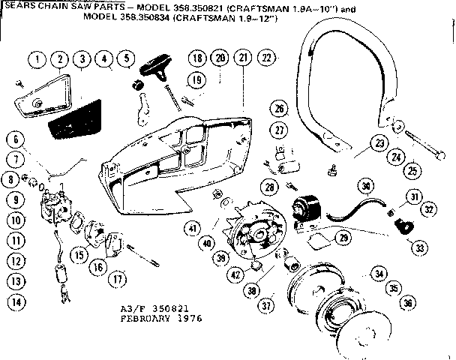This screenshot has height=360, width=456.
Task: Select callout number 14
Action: (14, 303)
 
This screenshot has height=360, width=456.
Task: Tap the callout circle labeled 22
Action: (265, 58)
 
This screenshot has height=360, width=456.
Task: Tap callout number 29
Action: (343, 238)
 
